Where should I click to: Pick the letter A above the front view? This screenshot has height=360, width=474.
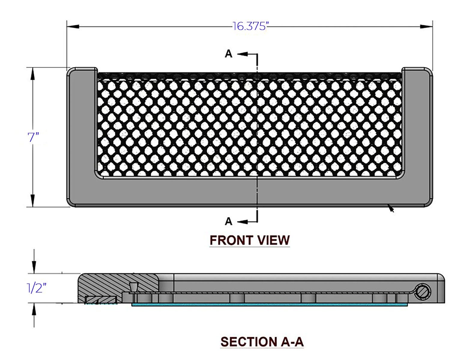pos(229,54)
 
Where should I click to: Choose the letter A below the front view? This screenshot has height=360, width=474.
pos(228,221)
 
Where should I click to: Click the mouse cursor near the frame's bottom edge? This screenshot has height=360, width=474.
pos(391,208)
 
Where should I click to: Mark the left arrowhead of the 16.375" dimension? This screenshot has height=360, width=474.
pos(73,26)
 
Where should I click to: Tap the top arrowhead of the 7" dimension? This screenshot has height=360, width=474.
pos(33,74)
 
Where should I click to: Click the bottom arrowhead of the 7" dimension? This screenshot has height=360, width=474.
pos(33,200)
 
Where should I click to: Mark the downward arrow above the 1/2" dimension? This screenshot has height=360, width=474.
pos(34,262)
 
